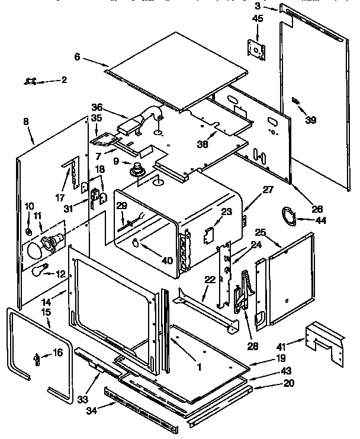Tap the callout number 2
(x=64, y=79)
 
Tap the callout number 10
(x=29, y=206)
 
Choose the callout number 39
(x=310, y=120)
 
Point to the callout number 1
(x=200, y=367)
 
